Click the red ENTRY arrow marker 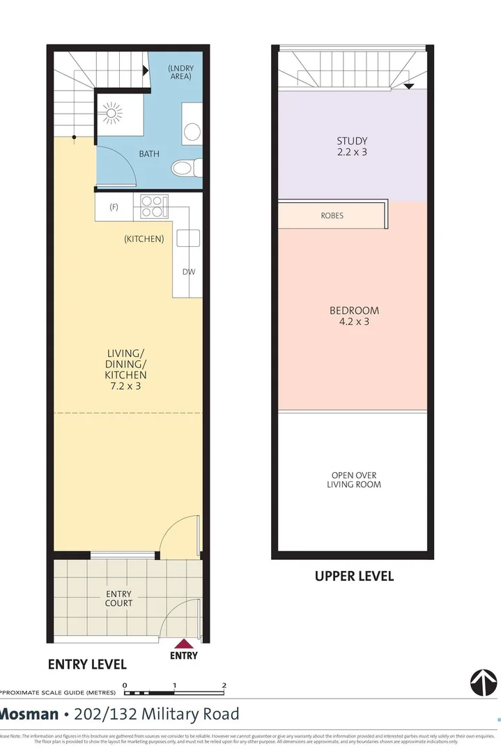point(183,644)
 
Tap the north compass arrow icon point(484,682)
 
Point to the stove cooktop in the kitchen point(154,206)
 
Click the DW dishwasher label point(189,272)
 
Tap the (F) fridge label point(114,206)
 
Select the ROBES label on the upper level point(332,215)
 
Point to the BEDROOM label point(354,310)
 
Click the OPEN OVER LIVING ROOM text point(354,480)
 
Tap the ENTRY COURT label point(118,598)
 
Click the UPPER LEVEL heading point(354,576)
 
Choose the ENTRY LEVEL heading point(87,664)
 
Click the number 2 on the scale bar point(224,685)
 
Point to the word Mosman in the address point(29,714)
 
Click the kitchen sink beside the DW point(187,238)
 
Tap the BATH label point(148,153)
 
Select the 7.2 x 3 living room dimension point(126,386)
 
